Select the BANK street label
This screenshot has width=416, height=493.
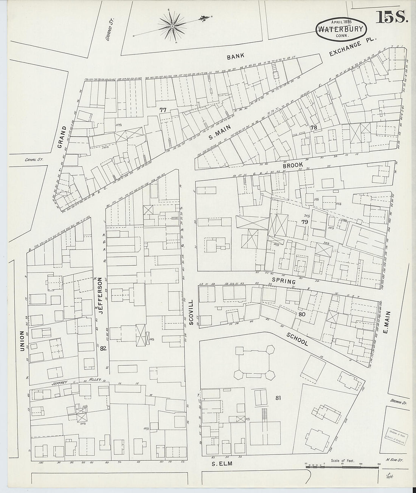[236, 57]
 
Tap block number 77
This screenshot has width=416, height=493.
[163, 110]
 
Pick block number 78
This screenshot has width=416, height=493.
[314, 128]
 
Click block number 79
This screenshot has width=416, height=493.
[304, 222]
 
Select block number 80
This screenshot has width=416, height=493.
[301, 314]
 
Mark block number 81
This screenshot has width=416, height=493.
[279, 397]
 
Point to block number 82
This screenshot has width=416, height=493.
[103, 349]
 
